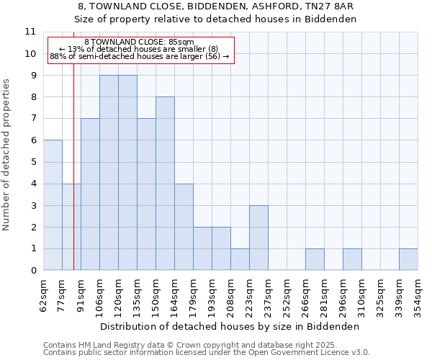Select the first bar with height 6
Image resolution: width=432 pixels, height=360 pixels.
(x=53, y=205)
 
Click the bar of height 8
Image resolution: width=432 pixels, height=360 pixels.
(x=165, y=184)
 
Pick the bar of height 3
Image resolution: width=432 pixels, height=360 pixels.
(x=258, y=238)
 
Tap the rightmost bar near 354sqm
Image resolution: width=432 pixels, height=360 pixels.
(x=408, y=259)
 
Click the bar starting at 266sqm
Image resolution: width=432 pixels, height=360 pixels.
(x=315, y=259)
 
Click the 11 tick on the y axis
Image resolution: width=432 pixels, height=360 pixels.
(x=30, y=32)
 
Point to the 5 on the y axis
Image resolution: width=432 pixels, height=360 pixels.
(x=32, y=162)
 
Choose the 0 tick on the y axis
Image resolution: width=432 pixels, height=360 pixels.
(x=32, y=271)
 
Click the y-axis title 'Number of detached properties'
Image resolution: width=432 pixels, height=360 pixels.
(x=8, y=155)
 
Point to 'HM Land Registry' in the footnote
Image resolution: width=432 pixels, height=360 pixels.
(x=107, y=346)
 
